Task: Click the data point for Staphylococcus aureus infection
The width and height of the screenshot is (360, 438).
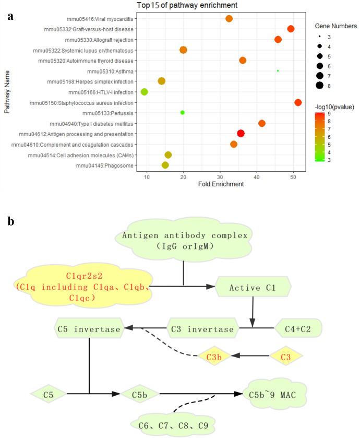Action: point(298,102)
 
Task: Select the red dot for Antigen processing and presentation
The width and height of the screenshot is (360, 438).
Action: point(241,134)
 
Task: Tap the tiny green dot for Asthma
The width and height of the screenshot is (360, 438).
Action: point(278,70)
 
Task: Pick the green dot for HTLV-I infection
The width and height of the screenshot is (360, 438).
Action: point(145,92)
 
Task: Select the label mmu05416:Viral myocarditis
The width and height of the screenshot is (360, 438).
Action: point(101,19)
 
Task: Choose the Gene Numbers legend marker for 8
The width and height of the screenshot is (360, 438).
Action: point(319,85)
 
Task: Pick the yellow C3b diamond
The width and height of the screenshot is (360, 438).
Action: point(214,356)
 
